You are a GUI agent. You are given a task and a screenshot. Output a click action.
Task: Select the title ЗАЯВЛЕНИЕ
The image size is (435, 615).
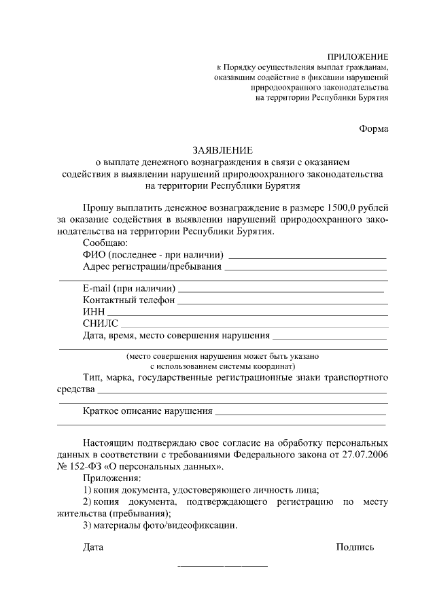pos(222,150)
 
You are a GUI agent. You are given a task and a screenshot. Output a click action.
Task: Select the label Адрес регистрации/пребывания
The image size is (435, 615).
pos(152,266)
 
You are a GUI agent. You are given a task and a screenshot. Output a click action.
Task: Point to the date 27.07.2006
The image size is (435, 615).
pos(364,455)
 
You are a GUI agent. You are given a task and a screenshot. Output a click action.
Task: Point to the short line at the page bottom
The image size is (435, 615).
pos(222,566)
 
